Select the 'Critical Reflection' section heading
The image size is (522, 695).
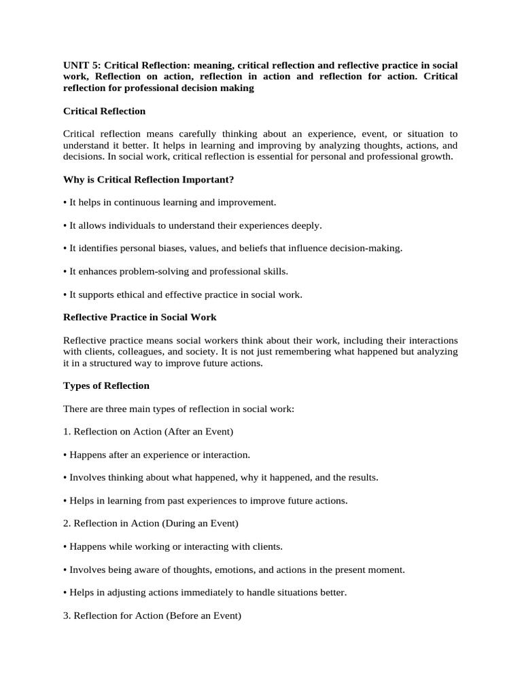click(x=104, y=111)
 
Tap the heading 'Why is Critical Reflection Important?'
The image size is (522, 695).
click(x=148, y=179)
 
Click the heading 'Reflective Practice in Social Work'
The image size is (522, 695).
click(x=139, y=317)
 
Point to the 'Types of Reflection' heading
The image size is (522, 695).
click(x=106, y=386)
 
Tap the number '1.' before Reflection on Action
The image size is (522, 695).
click(x=67, y=432)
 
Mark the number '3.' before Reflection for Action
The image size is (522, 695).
click(x=67, y=616)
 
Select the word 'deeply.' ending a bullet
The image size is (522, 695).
click(x=307, y=225)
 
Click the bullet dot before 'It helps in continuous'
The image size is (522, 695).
click(x=65, y=202)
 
